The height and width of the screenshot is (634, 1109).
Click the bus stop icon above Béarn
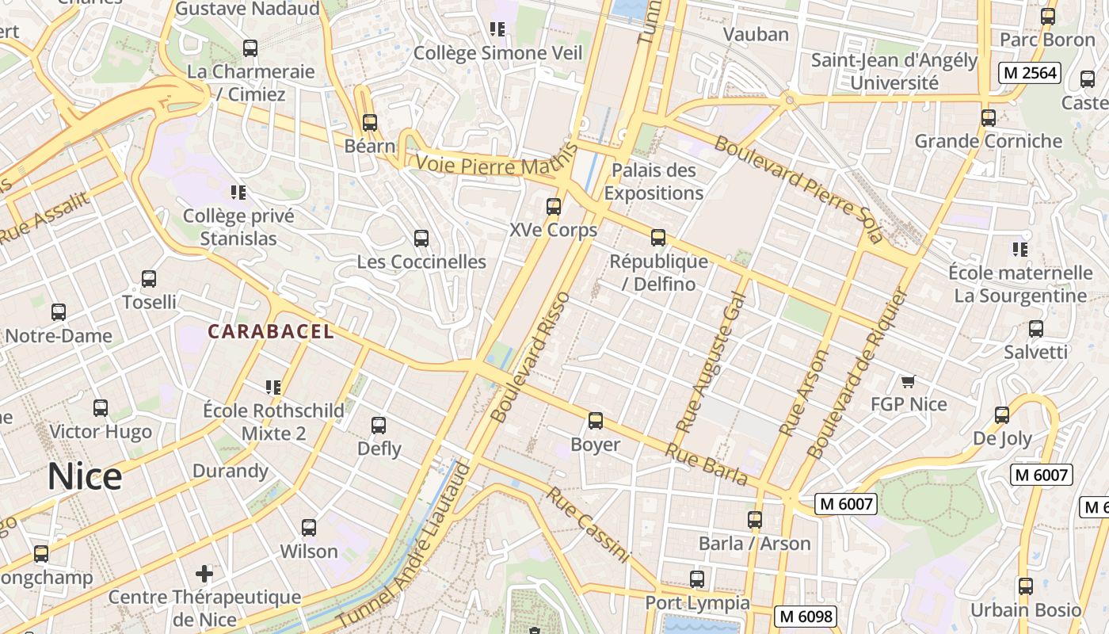click(x=369, y=123)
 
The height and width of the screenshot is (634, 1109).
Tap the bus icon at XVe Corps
click(x=554, y=207)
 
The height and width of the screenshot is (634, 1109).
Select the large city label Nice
click(x=85, y=476)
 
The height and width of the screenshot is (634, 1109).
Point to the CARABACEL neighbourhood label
click(x=271, y=331)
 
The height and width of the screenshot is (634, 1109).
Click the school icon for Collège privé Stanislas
click(x=238, y=192)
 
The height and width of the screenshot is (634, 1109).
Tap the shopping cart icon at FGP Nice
click(x=909, y=381)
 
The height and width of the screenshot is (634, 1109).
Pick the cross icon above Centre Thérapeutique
click(x=204, y=573)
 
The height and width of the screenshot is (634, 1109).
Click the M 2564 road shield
click(x=1029, y=73)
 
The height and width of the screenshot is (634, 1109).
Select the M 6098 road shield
click(x=805, y=616)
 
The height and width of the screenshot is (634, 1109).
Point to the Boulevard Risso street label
click(x=531, y=357)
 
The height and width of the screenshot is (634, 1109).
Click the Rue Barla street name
click(x=706, y=464)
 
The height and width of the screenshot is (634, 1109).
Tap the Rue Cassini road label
click(x=587, y=525)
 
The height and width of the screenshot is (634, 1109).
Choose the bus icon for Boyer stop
click(x=596, y=421)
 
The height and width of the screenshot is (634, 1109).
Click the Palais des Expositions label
click(x=654, y=181)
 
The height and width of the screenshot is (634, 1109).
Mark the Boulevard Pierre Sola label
click(x=798, y=189)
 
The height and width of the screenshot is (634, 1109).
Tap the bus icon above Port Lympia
click(x=697, y=579)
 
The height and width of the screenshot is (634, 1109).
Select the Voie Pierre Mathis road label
click(x=490, y=166)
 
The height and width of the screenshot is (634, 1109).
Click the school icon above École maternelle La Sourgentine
click(x=1020, y=250)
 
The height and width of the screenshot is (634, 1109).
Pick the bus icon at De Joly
click(x=1002, y=415)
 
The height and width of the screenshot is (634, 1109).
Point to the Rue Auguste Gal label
click(x=711, y=361)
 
